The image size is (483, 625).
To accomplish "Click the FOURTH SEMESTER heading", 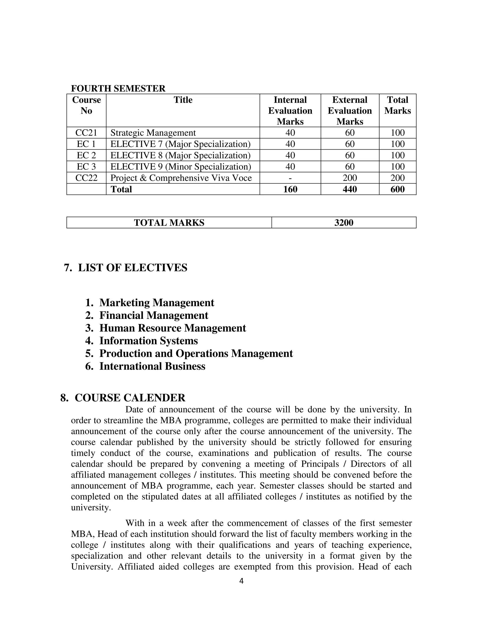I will tap(118, 88).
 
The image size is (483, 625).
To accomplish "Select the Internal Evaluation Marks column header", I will tap(290, 110).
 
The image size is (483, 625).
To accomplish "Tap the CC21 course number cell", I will tap(86, 133).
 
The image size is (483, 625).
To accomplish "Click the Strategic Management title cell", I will tap(153, 133).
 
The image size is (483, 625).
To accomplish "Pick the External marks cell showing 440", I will tap(350, 189).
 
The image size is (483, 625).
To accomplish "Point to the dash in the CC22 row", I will tap(290, 178).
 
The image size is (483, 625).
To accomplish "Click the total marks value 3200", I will tap(344, 223).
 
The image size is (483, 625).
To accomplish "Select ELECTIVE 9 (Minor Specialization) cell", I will tap(181, 167).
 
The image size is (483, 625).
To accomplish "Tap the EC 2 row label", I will tap(86, 155).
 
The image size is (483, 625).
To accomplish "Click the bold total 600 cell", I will tap(397, 189).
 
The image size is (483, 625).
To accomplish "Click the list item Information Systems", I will tap(149, 341).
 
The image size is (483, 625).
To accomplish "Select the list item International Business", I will tap(152, 366).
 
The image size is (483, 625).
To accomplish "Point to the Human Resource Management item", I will tap(173, 328).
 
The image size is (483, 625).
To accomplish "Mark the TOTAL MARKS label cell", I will tap(169, 223).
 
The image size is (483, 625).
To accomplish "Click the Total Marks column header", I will tap(397, 105).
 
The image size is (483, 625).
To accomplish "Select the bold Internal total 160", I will tap(290, 189).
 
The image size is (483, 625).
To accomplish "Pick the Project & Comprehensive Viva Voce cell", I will tap(181, 178).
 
